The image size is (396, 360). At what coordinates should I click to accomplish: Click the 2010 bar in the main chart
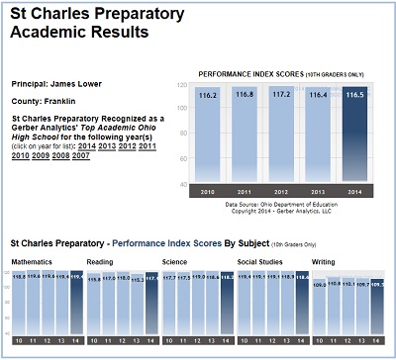[207, 138]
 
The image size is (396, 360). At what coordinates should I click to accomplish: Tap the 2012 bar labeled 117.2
[280, 138]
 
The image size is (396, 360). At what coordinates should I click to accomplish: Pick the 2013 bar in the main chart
[318, 138]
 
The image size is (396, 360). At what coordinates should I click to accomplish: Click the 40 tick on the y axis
[183, 185]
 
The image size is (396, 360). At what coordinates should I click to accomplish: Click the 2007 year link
[80, 156]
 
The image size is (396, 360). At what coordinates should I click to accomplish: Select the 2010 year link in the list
[20, 156]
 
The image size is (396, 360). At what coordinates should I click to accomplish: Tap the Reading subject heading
[100, 262]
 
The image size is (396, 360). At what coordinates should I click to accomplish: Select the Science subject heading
[174, 262]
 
